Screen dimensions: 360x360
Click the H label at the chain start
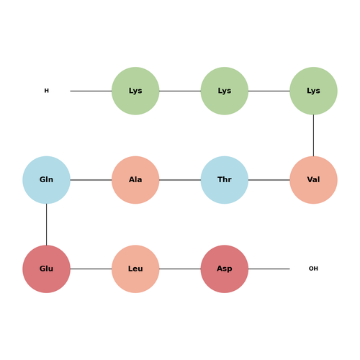47,91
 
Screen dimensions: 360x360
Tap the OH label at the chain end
313,269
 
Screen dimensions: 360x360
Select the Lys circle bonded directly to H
135,91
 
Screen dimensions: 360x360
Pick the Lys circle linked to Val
313,91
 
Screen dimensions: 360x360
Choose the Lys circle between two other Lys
225,91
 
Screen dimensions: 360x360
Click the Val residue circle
313,180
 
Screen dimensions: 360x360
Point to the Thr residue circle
225,180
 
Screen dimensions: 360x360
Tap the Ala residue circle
135,180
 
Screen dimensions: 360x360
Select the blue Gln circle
46,180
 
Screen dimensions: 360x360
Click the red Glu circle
46,269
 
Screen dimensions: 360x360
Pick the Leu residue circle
135,269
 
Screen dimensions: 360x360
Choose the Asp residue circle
225,269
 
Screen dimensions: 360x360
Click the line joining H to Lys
91,91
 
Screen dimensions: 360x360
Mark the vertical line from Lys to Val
313,135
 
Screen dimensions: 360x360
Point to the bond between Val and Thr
269,180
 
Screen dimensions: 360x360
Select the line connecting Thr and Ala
180,180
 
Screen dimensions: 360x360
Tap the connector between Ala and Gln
91,180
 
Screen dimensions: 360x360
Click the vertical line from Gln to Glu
46,225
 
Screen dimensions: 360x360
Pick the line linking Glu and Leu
91,269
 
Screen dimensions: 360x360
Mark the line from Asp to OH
269,269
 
